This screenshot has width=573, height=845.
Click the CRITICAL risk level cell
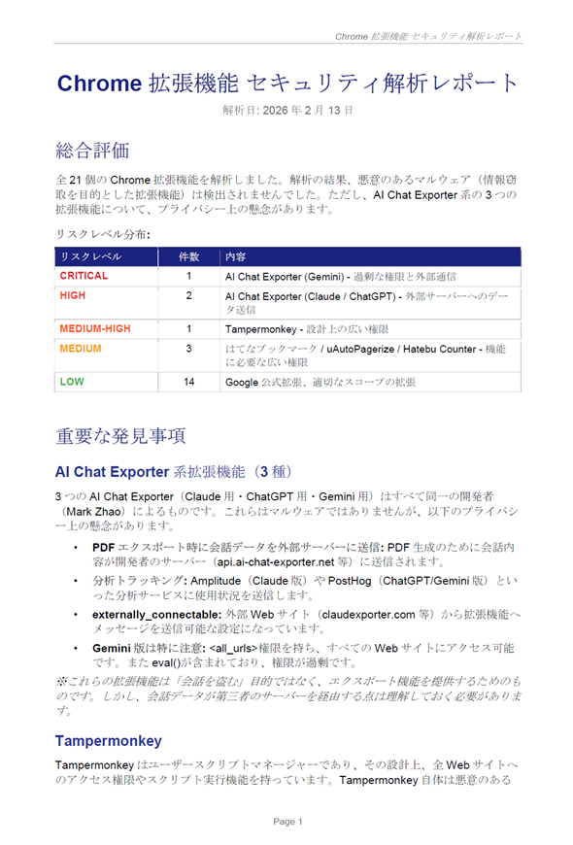(84, 276)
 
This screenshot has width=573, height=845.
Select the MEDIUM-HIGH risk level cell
(95, 329)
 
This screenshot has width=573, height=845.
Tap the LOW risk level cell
(72, 383)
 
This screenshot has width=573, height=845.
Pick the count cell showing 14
(188, 383)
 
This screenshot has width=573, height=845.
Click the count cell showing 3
(188, 348)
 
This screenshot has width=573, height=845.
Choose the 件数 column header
(188, 257)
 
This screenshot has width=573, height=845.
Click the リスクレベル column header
(90, 257)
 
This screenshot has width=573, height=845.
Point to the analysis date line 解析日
(286, 110)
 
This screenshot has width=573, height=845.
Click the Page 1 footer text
(287, 822)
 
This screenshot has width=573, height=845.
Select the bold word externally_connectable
(160, 615)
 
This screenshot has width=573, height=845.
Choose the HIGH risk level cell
(72, 294)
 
